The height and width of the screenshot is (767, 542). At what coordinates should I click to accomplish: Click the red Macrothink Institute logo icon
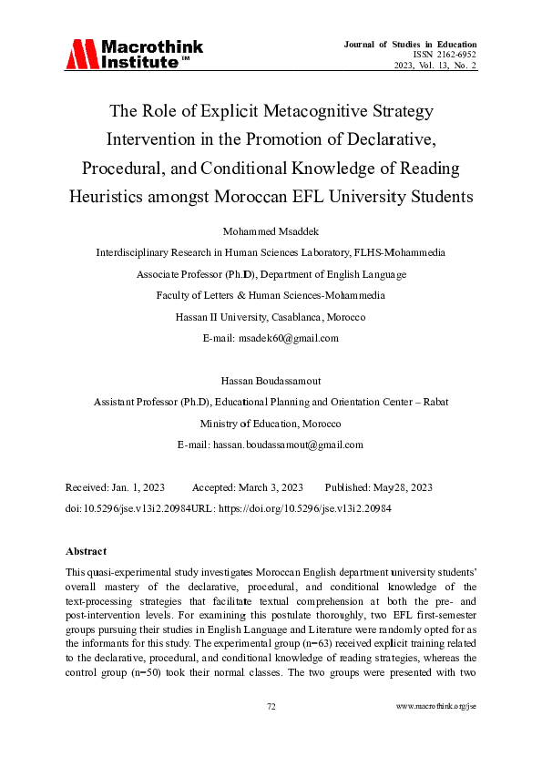tap(80, 54)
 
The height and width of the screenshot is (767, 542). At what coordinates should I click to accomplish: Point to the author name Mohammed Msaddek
tap(271, 230)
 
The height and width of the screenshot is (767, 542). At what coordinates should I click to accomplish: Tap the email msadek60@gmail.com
tap(288, 338)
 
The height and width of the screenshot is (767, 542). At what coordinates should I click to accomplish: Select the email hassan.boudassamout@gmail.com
tap(288, 445)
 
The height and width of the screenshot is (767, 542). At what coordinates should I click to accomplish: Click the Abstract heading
tap(87, 551)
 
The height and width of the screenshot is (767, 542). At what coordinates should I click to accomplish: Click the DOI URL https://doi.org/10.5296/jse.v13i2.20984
tap(320, 508)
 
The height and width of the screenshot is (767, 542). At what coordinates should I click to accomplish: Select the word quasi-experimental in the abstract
tap(127, 572)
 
